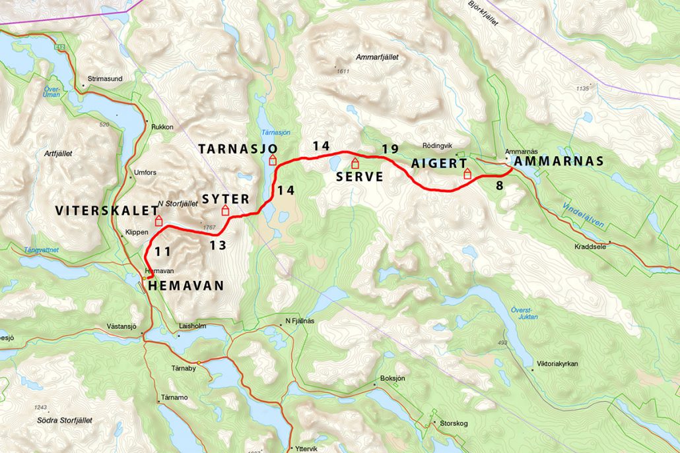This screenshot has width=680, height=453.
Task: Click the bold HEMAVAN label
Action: (x=187, y=286)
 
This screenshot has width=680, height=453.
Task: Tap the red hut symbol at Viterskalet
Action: (x=158, y=220)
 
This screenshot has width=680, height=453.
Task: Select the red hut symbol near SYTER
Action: (x=225, y=210)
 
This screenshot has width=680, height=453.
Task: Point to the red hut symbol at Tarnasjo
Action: (x=273, y=160)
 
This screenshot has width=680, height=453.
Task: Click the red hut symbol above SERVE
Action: (x=355, y=163)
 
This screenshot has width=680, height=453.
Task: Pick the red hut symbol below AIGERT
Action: (x=467, y=174)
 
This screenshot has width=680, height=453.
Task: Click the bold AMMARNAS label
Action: (x=558, y=161)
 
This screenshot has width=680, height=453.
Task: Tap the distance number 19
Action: (x=390, y=149)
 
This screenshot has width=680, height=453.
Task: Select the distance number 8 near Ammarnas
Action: (x=499, y=186)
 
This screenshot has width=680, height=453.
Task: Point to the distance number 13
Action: (x=218, y=245)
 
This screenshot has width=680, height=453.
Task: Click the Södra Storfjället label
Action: (x=65, y=420)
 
